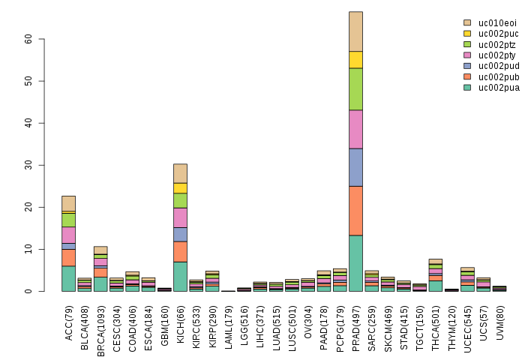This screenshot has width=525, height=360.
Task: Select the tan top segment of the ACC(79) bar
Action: tap(68, 203)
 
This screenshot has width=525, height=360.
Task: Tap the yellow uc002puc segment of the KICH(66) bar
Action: tap(180, 187)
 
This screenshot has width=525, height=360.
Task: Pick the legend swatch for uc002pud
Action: tap(467, 66)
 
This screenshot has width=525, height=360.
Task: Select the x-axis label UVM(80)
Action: tap(499, 318)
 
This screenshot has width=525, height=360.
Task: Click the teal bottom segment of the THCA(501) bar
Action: tap(435, 286)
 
